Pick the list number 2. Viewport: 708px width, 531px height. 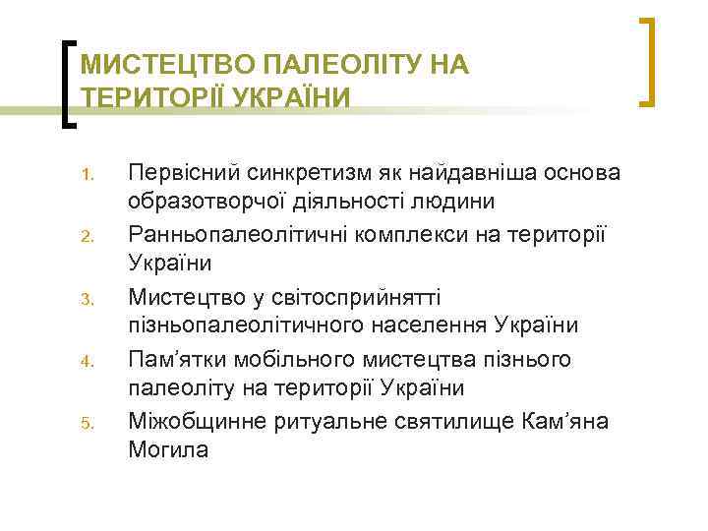(86, 236)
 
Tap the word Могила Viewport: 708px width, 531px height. (168, 449)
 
